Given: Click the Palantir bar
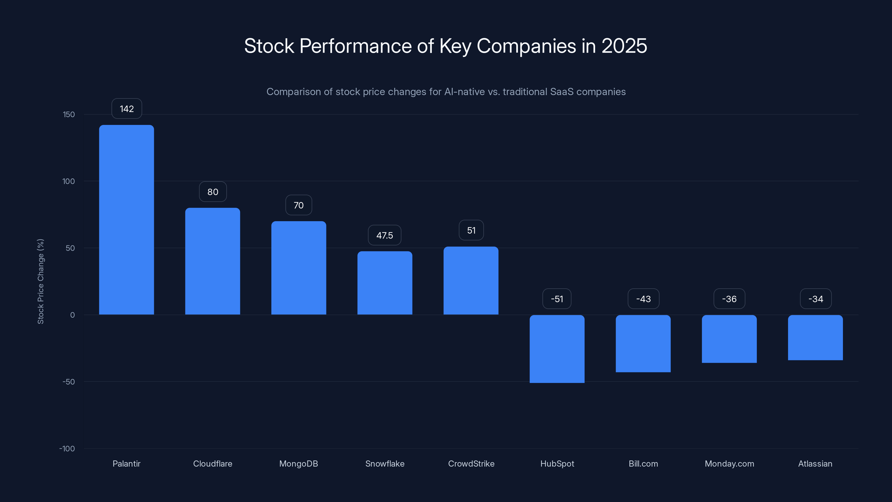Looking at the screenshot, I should [126, 220].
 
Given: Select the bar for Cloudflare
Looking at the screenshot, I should [213, 261].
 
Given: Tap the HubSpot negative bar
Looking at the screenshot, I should [557, 349].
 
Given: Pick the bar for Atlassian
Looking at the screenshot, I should [815, 337].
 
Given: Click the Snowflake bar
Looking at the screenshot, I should [385, 283].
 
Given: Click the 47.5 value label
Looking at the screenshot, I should [384, 235].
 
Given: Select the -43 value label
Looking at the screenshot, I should [643, 299].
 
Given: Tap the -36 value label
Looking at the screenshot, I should [729, 299].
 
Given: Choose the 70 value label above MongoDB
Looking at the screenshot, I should [299, 205].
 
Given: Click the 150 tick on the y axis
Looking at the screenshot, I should [69, 114].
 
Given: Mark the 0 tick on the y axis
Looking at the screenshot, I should [72, 315].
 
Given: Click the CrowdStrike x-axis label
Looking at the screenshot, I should [471, 464].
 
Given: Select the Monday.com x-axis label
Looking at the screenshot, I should [729, 464].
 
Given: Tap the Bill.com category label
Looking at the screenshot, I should [643, 464].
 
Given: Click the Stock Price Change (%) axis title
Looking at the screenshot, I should [40, 281].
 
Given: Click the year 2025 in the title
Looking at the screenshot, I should [624, 46].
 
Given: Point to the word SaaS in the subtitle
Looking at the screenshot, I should [562, 91].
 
